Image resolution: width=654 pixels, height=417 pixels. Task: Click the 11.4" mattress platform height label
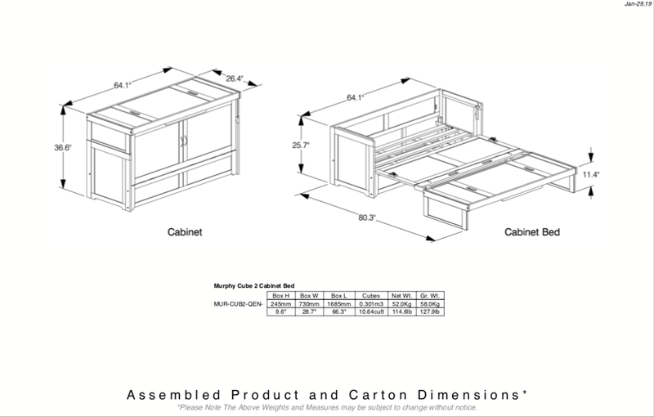pyautogui.click(x=590, y=174)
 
